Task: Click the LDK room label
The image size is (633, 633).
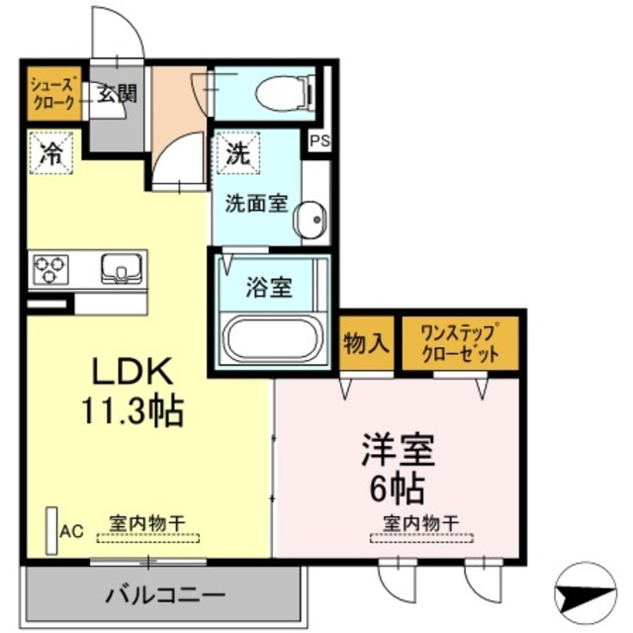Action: pos(134,372)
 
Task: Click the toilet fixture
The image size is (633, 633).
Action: pos(284,93)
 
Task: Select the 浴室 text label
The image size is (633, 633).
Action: pos(269,289)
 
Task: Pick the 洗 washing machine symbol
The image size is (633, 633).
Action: pos(236,153)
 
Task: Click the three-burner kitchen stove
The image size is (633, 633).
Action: pos(52,268)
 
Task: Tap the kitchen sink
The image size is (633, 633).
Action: pos(122,268)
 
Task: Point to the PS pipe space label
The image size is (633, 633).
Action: pos(319,141)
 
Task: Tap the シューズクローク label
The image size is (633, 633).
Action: pos(51,93)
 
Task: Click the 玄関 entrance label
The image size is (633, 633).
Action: pos(117,94)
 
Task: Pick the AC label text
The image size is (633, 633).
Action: pos(71,531)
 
